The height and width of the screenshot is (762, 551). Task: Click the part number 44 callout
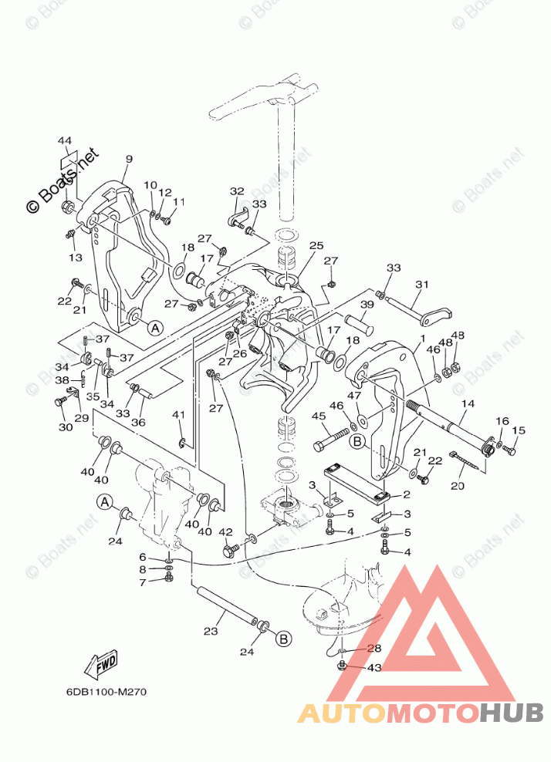tap(65, 140)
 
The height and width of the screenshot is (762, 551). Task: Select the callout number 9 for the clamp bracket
tap(129, 160)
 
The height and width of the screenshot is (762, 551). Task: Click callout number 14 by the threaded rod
tap(468, 403)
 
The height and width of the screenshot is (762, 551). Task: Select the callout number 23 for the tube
tap(211, 632)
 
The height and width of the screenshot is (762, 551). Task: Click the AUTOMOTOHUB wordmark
tap(421, 713)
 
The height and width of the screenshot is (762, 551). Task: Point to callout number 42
tap(225, 532)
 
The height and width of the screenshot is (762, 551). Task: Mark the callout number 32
tap(236, 191)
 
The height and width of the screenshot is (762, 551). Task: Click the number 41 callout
tap(180, 415)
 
